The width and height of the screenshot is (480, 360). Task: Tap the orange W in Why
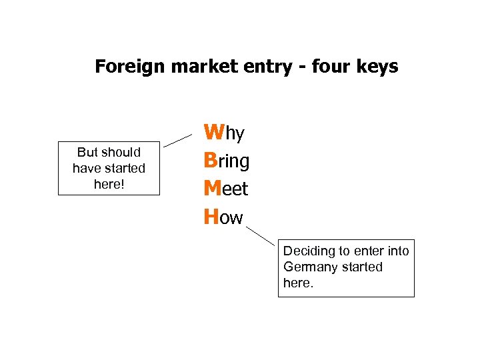coord(213,133)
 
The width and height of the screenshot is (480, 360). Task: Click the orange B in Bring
coord(211,161)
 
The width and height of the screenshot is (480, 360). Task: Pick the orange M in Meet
coord(213,189)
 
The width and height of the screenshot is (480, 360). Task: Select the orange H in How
coord(211,217)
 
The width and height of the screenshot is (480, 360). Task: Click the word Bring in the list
coord(227,161)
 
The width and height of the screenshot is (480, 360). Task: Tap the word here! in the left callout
coord(109,184)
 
